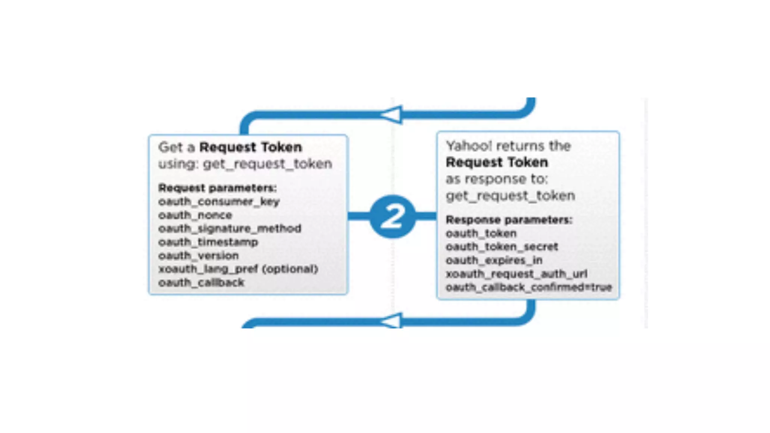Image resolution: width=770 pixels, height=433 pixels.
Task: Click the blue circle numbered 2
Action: [393, 216]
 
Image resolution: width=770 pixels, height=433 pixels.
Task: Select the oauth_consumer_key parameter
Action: [219, 202]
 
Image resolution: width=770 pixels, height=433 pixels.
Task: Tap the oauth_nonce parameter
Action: [195, 215]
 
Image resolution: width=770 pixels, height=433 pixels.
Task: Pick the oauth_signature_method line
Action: [230, 229]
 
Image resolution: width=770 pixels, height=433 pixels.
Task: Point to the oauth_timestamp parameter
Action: [208, 242]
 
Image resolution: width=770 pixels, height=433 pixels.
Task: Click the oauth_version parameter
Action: [199, 256]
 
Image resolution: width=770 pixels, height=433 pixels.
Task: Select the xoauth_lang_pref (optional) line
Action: [238, 269]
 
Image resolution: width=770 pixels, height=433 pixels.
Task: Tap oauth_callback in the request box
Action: [201, 283]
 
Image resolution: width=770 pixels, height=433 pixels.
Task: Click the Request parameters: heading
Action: [217, 188]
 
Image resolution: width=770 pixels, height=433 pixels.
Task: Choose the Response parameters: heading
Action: [509, 220]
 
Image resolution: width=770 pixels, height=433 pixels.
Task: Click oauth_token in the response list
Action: [481, 233]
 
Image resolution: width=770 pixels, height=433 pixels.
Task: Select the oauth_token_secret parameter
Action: [502, 247]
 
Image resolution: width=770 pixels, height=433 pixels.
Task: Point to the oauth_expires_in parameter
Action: [494, 260]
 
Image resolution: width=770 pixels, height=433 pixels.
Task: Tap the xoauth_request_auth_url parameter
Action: [516, 274]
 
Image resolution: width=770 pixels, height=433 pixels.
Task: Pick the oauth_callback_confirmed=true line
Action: [529, 288]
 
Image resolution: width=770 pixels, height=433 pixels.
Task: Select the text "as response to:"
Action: [497, 179]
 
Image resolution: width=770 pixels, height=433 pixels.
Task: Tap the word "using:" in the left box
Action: [178, 164]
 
